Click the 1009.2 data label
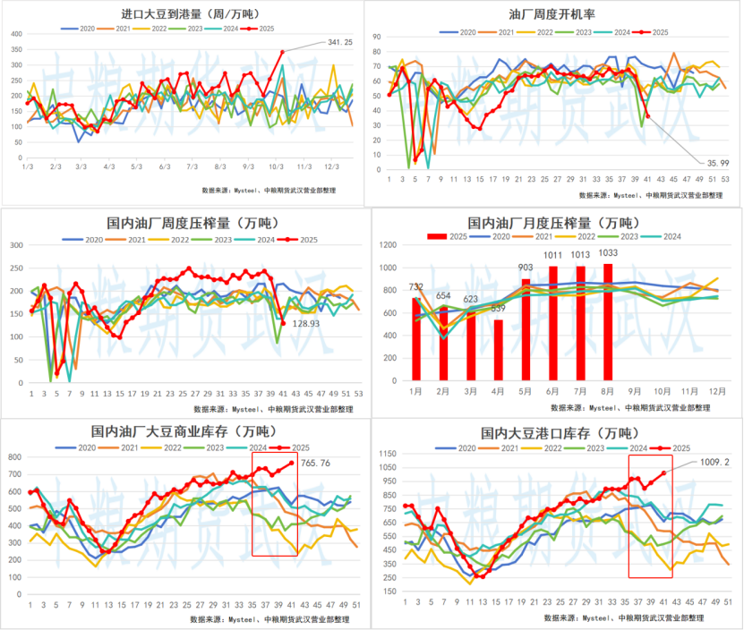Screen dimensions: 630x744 click(x=715, y=464)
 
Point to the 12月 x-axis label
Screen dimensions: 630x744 click(x=717, y=392)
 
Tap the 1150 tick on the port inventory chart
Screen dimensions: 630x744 click(x=387, y=453)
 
